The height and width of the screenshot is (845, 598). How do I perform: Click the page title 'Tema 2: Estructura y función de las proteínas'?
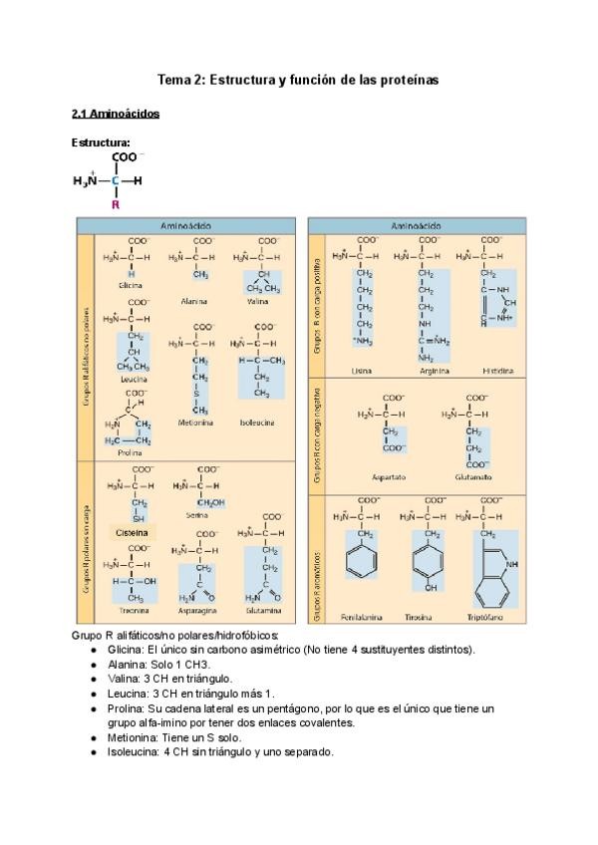[x=299, y=78]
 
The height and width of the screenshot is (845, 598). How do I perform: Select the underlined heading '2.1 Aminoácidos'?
[x=116, y=114]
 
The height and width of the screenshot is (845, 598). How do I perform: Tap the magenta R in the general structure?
[x=116, y=204]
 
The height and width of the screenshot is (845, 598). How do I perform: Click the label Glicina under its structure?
[x=130, y=285]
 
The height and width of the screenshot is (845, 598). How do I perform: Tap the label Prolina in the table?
[x=129, y=453]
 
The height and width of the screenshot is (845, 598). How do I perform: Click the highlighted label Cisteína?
[x=132, y=533]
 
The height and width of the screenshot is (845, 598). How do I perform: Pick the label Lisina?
[x=363, y=370]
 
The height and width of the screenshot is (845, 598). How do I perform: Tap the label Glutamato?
[x=472, y=477]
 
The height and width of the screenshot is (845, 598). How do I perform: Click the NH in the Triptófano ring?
[x=512, y=564]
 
